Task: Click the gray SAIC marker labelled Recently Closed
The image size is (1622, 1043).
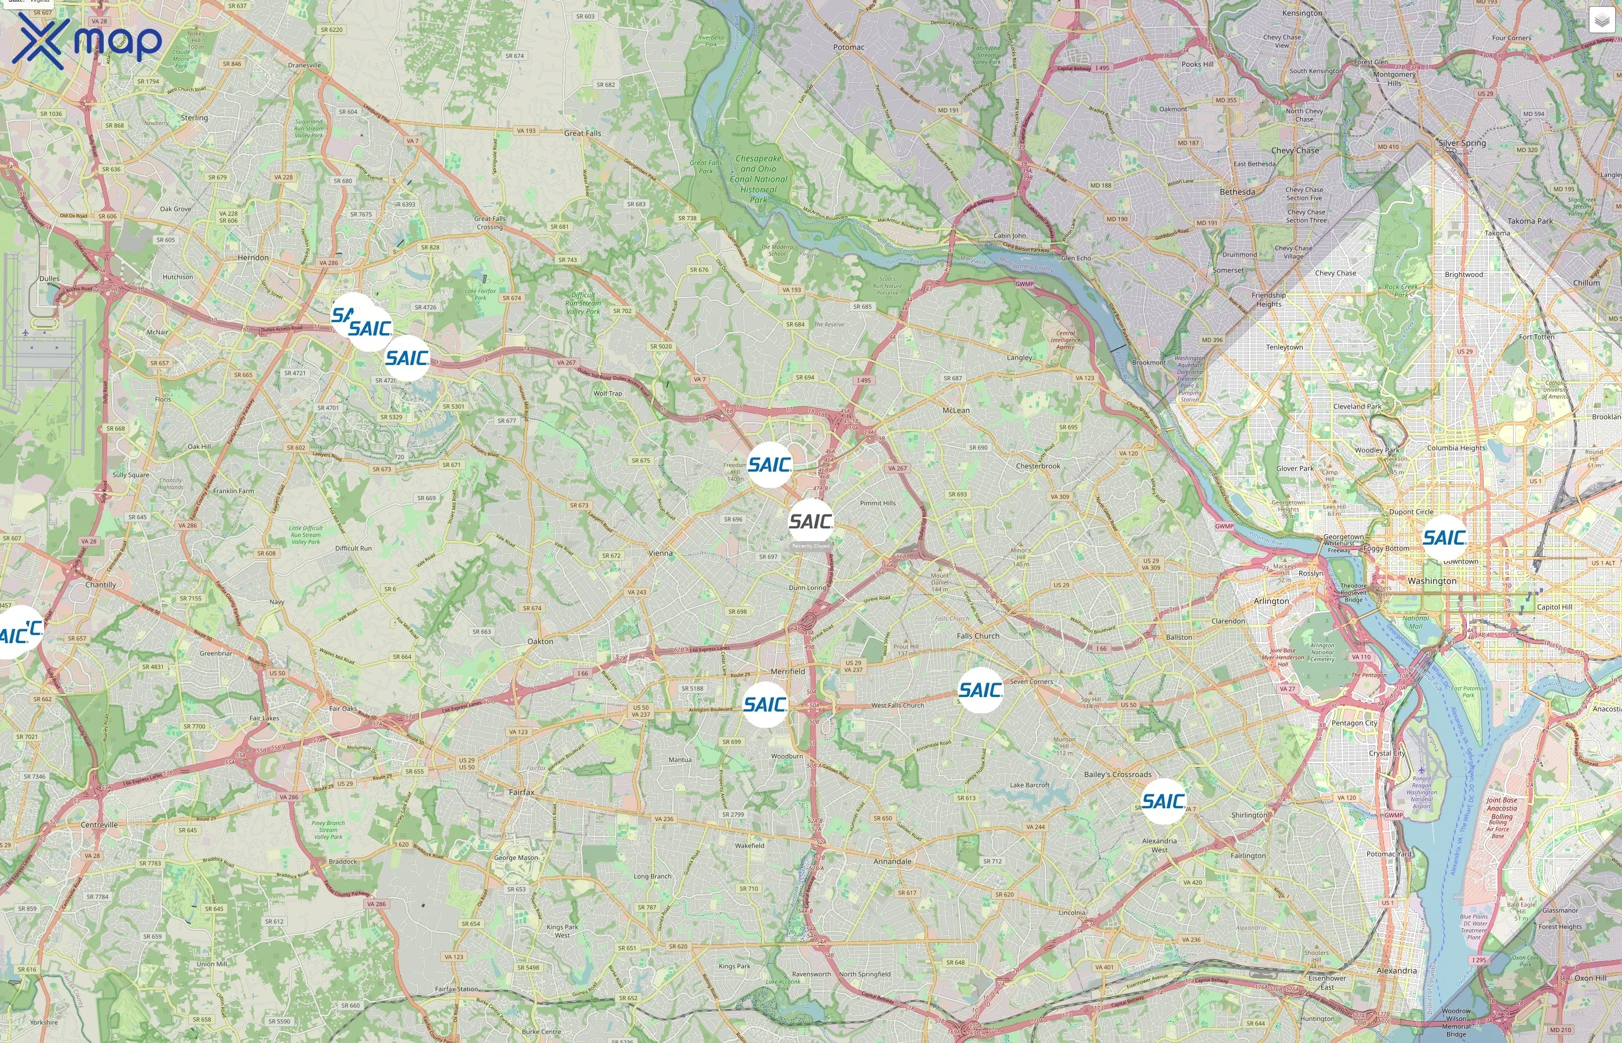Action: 810,521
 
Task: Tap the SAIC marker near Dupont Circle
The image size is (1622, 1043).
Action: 1444,538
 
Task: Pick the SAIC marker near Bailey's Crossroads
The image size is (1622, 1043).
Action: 1163,801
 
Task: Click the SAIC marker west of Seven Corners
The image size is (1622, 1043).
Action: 980,690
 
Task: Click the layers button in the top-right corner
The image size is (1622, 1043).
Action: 1601,20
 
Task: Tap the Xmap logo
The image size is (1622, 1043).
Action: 87,41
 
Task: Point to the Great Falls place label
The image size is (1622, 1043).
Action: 582,133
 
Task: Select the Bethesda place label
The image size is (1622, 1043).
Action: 1237,192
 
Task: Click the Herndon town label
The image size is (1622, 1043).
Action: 253,258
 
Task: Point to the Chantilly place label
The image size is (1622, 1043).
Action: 101,585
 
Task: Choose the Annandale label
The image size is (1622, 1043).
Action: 892,862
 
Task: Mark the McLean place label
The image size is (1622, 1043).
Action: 956,410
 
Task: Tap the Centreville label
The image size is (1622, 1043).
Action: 99,825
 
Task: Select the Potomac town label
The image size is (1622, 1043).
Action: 848,48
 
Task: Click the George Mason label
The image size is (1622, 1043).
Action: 516,858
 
